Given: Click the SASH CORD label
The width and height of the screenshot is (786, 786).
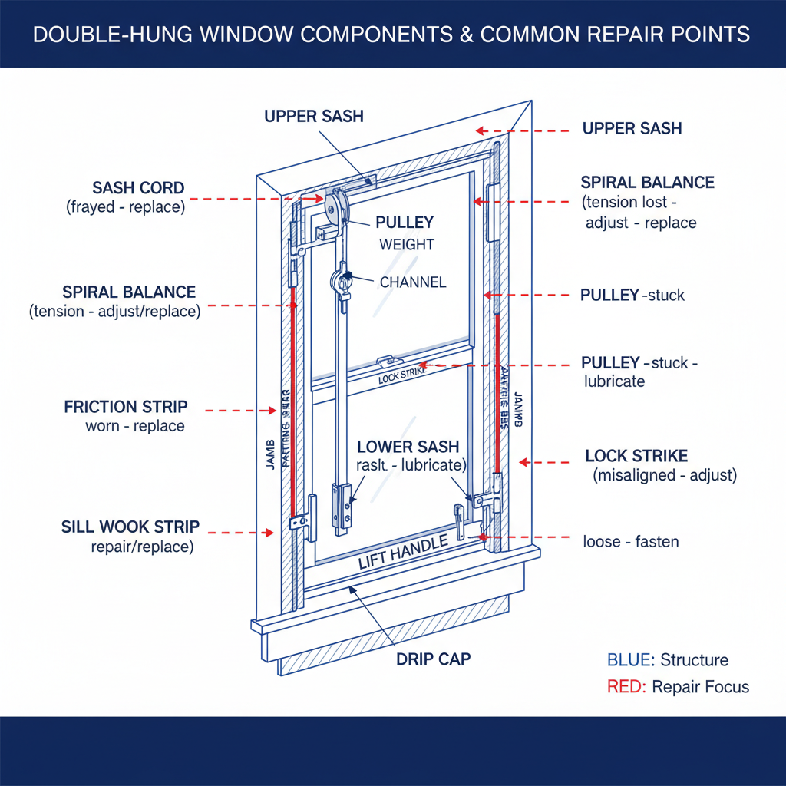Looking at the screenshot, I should (138, 188).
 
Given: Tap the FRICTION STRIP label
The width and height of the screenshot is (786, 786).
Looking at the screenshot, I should (126, 407).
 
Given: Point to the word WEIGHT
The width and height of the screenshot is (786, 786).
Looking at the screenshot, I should (407, 245).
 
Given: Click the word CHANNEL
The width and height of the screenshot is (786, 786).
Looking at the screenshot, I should (413, 282).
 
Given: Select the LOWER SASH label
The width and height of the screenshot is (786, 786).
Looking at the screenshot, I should (408, 447).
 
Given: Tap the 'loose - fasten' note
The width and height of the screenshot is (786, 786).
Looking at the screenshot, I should (631, 542).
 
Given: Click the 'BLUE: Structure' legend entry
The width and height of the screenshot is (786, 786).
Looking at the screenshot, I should (667, 660).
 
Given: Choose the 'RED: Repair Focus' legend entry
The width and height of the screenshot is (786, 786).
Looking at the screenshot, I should (678, 687).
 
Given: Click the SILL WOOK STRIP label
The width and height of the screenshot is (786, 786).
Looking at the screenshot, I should (130, 527).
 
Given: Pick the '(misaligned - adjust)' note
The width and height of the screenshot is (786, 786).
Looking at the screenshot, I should (665, 476).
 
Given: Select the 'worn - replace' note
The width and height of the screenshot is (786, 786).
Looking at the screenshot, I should (135, 426).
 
